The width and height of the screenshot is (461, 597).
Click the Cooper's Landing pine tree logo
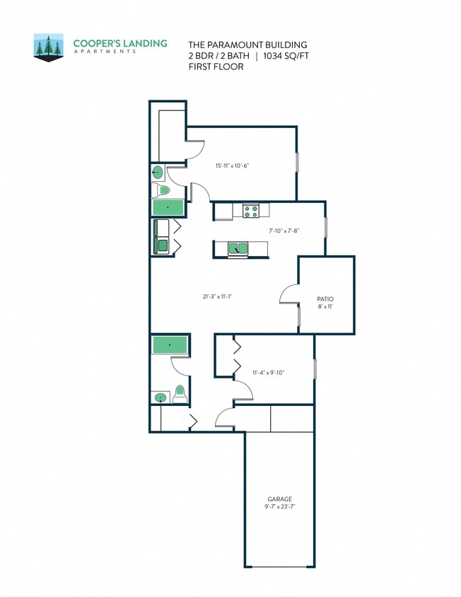point(49,47)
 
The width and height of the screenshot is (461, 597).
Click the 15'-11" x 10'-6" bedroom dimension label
point(233,166)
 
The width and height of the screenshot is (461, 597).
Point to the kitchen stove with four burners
point(252,210)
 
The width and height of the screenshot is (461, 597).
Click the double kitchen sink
point(238,248)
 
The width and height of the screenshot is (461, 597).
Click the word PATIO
point(326,299)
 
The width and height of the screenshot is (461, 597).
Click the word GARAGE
point(279,499)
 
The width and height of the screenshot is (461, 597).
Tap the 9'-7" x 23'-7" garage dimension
point(279,507)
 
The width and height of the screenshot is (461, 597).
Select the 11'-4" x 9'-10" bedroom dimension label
point(269,372)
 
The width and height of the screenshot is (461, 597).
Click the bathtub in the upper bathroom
point(168,207)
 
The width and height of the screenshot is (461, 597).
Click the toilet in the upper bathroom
point(163,190)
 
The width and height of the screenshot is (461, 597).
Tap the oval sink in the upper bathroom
point(158,172)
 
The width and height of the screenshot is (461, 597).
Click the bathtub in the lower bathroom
point(170,345)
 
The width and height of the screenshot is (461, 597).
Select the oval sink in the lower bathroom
point(161,398)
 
